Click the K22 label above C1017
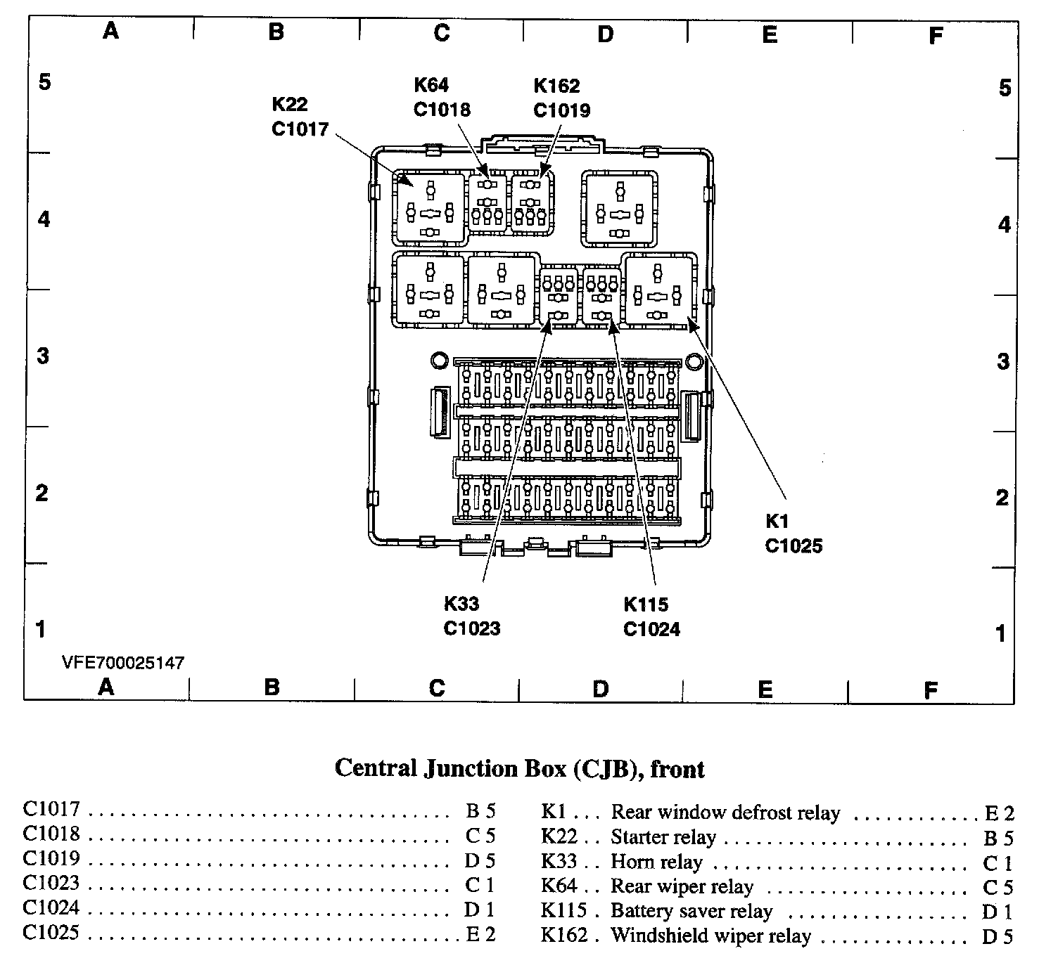coord(290,104)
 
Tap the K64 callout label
coord(431,85)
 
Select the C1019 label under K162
coord(561,110)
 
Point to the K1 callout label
coord(777,521)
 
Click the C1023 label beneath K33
coord(471,628)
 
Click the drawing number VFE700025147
coord(123,663)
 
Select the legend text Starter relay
coord(663,837)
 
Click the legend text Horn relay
coord(656,862)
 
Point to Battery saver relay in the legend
coord(691,911)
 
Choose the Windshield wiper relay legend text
coord(710,936)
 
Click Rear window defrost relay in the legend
coord(725,813)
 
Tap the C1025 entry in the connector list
coord(51,933)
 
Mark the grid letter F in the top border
coord(935,35)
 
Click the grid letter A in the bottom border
coord(106,687)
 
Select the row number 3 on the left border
coord(43,356)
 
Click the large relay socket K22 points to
coord(429,207)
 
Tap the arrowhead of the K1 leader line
coord(691,323)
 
